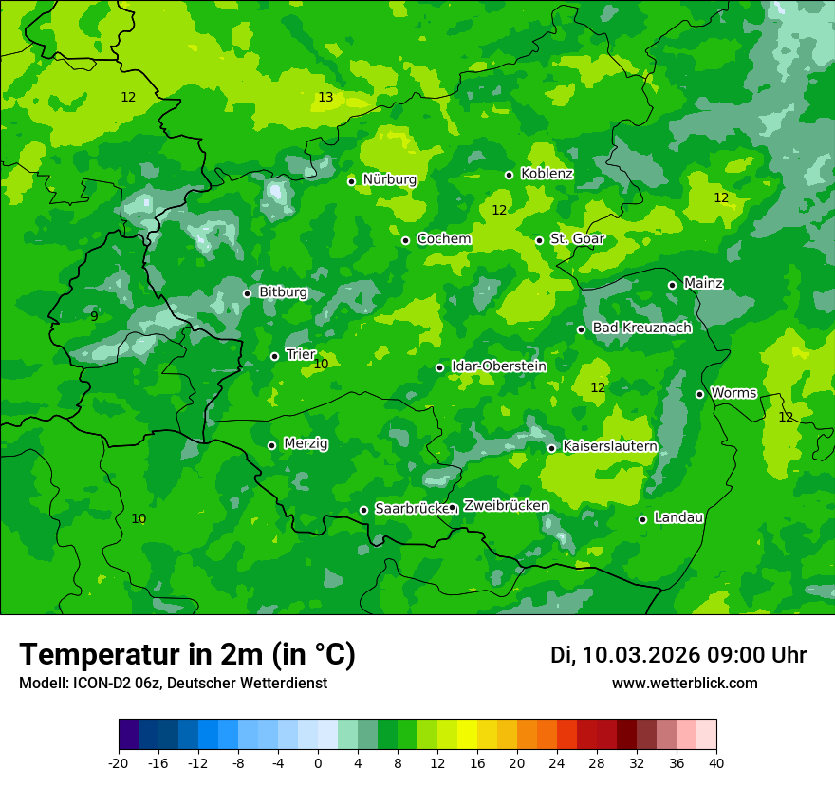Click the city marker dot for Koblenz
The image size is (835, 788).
tap(510, 175)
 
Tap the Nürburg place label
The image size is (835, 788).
tap(389, 179)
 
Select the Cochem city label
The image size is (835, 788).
tap(443, 239)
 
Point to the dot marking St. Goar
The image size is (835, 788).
tap(539, 240)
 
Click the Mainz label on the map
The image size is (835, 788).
tap(703, 283)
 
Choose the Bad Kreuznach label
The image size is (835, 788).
tap(641, 328)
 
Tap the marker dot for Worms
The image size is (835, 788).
tap(699, 394)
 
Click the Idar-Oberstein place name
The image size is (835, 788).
tap(498, 366)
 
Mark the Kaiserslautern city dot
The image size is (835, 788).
tap(551, 448)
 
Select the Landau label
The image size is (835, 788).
tap(678, 517)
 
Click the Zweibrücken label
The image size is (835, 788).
tap(506, 506)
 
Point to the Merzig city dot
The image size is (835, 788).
tap(271, 445)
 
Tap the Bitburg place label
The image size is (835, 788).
tap(283, 292)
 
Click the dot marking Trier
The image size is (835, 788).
tap(274, 356)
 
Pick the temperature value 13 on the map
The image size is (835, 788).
tap(325, 97)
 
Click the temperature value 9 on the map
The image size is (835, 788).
tap(94, 316)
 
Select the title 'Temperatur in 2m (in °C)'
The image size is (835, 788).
tap(187, 654)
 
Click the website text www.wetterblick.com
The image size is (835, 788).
tap(684, 683)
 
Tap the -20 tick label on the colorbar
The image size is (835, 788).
tap(119, 762)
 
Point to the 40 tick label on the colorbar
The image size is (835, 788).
tap(716, 762)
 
